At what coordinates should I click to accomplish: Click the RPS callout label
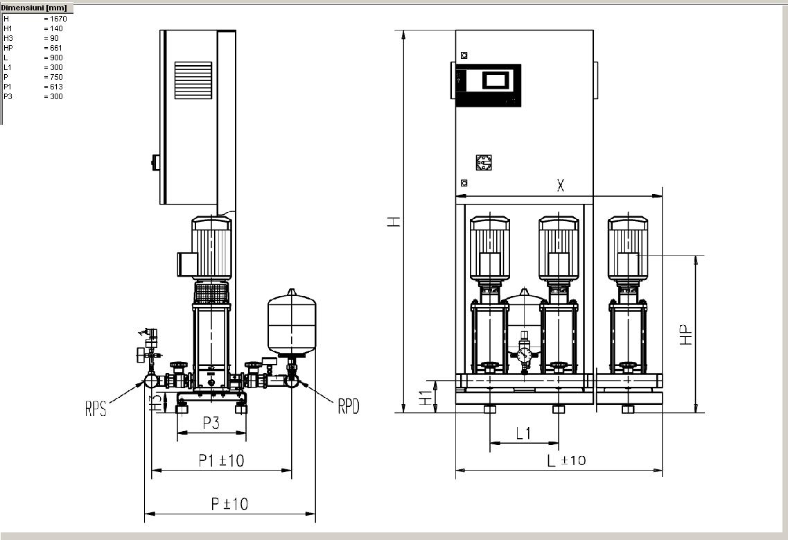96,408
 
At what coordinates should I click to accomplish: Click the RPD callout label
349,406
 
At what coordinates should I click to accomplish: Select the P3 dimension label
211,423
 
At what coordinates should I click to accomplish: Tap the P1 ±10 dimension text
221,460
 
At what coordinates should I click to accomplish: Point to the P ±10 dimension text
229,504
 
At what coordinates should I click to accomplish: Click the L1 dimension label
523,433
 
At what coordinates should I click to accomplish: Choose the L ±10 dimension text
566,460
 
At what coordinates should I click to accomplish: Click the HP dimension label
687,335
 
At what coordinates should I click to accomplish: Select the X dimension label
561,186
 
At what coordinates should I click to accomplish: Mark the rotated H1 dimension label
426,398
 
